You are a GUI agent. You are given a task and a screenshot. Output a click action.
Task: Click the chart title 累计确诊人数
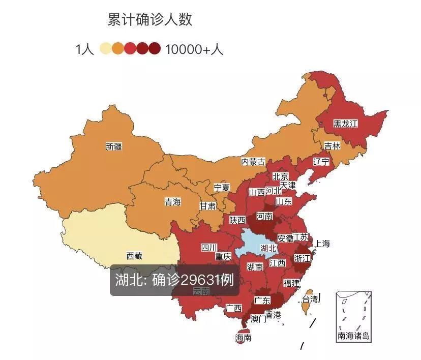coord(150,20)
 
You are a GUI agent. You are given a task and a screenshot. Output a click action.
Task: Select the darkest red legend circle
coord(155,49)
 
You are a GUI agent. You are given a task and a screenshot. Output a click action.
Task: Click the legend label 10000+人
coord(194,49)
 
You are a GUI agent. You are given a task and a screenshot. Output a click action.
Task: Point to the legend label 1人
coord(84,49)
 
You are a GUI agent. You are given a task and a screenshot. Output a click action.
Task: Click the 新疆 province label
coord(114,147)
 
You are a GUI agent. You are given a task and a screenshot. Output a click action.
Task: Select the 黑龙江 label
coord(346,124)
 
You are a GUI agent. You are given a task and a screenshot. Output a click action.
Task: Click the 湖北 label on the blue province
coord(268,249)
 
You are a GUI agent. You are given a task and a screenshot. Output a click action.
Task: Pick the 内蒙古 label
coord(253,162)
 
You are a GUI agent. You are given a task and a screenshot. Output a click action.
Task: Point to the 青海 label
coord(172,202)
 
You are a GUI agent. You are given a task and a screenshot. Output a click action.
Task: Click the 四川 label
coord(208,248)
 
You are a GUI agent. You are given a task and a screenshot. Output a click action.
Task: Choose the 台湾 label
coord(310,298)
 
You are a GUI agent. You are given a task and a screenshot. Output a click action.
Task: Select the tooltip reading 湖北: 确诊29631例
coord(174,280)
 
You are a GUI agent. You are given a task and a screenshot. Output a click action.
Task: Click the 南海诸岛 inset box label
coord(354,336)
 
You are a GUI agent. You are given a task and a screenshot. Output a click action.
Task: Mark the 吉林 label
coord(333,145)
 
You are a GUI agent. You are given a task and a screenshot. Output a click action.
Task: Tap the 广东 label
coord(262,300)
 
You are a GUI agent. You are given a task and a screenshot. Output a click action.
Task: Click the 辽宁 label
coord(321,162)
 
